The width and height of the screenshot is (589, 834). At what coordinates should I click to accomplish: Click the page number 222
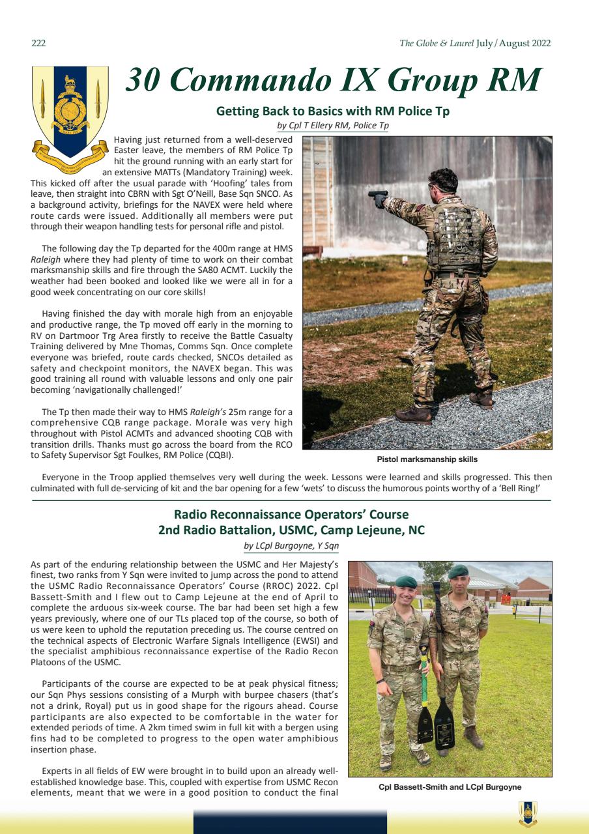coord(38,44)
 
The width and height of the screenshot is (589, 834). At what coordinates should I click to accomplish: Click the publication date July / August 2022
coord(513,44)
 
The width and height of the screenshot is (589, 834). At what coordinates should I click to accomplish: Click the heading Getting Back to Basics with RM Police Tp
coord(332,111)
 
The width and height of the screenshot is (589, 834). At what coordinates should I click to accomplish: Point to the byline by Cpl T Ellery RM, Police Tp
coord(332,125)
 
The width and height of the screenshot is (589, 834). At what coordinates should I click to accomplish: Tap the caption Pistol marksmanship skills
coord(427,459)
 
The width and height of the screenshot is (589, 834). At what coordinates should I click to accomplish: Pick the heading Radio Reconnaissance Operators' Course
coord(291,515)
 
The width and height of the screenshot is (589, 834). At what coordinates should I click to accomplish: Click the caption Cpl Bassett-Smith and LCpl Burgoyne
coord(450,787)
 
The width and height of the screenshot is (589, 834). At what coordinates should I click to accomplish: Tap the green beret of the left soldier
coord(407,581)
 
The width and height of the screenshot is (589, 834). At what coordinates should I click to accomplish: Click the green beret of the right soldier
coord(458,571)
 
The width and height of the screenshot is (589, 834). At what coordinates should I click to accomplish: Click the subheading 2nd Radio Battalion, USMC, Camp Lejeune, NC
coord(291,530)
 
